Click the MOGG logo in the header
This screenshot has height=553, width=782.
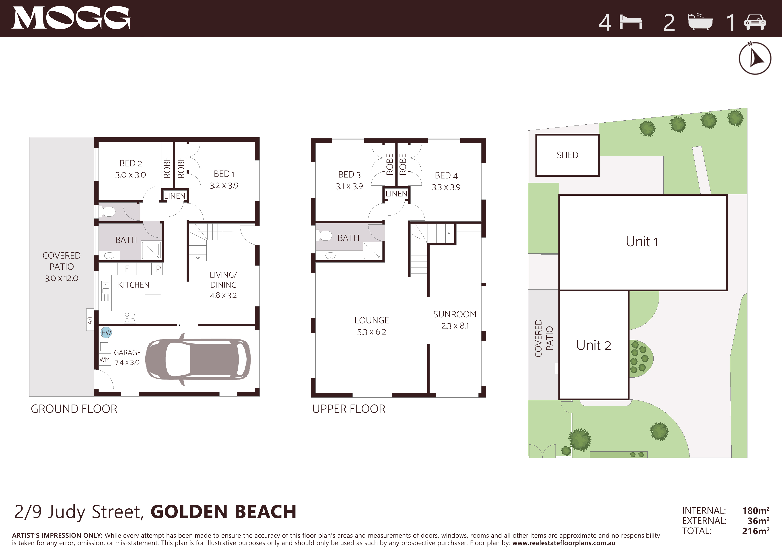71,18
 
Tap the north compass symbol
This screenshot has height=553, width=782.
755,58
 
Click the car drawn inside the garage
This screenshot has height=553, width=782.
198,359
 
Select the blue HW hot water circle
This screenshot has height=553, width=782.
106,333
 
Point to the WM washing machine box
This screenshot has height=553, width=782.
105,360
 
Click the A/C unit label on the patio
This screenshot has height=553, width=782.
90,319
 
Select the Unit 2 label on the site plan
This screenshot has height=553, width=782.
594,345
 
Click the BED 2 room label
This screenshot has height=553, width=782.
131,163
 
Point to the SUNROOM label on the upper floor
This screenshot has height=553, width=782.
455,314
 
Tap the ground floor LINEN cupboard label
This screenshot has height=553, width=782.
175,196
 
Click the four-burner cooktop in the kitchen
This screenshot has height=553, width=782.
130,317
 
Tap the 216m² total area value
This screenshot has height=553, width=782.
756,531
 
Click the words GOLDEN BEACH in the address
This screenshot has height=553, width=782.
223,512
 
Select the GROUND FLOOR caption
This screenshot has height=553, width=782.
74,409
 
